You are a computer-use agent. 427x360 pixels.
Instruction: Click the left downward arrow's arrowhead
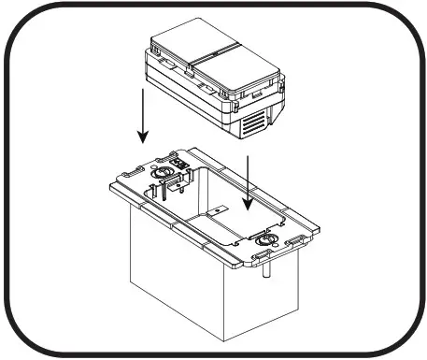(x=143, y=139)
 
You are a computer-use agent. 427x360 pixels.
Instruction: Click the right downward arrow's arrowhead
(x=249, y=208)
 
